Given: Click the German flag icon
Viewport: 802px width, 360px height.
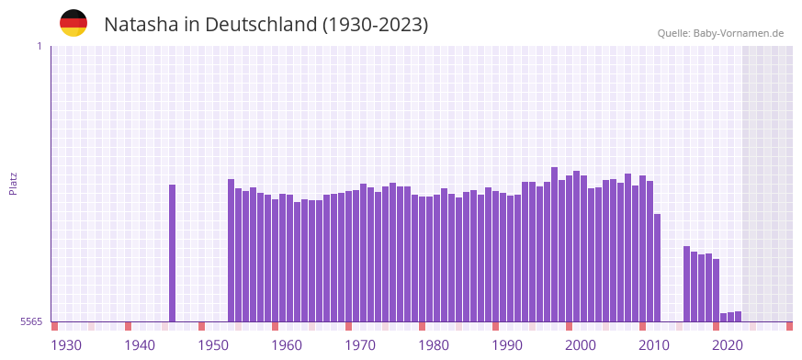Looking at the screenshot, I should pos(73,23).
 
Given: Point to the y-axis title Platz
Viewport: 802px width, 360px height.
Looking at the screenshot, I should pos(13,183).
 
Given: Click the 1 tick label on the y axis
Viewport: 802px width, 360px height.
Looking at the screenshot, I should pos(39,46).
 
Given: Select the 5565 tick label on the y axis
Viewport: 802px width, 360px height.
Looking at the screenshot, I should pos(30,321).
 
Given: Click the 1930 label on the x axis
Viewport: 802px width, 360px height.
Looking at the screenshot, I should pos(66,344).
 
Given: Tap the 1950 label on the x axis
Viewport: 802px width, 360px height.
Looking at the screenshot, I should pos(213,344).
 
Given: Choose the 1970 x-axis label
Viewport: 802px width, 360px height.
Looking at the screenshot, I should pos(360,344).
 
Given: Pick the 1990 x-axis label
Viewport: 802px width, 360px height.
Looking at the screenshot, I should pos(507,344).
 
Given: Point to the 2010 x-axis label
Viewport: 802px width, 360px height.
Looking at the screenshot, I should pos(654,344).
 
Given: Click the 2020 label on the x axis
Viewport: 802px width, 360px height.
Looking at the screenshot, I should pos(728,344).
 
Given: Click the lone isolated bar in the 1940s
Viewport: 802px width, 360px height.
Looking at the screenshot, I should pos(172,253).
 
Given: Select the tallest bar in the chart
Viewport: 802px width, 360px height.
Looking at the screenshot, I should pos(554,243).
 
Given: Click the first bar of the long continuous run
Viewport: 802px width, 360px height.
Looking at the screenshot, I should pos(231,250).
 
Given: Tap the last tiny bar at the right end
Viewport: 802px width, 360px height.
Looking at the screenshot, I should pos(738,317).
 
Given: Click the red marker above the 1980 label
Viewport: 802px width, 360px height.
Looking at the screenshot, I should pos(422,326).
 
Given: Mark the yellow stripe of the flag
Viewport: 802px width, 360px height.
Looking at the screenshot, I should pos(73,32).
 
